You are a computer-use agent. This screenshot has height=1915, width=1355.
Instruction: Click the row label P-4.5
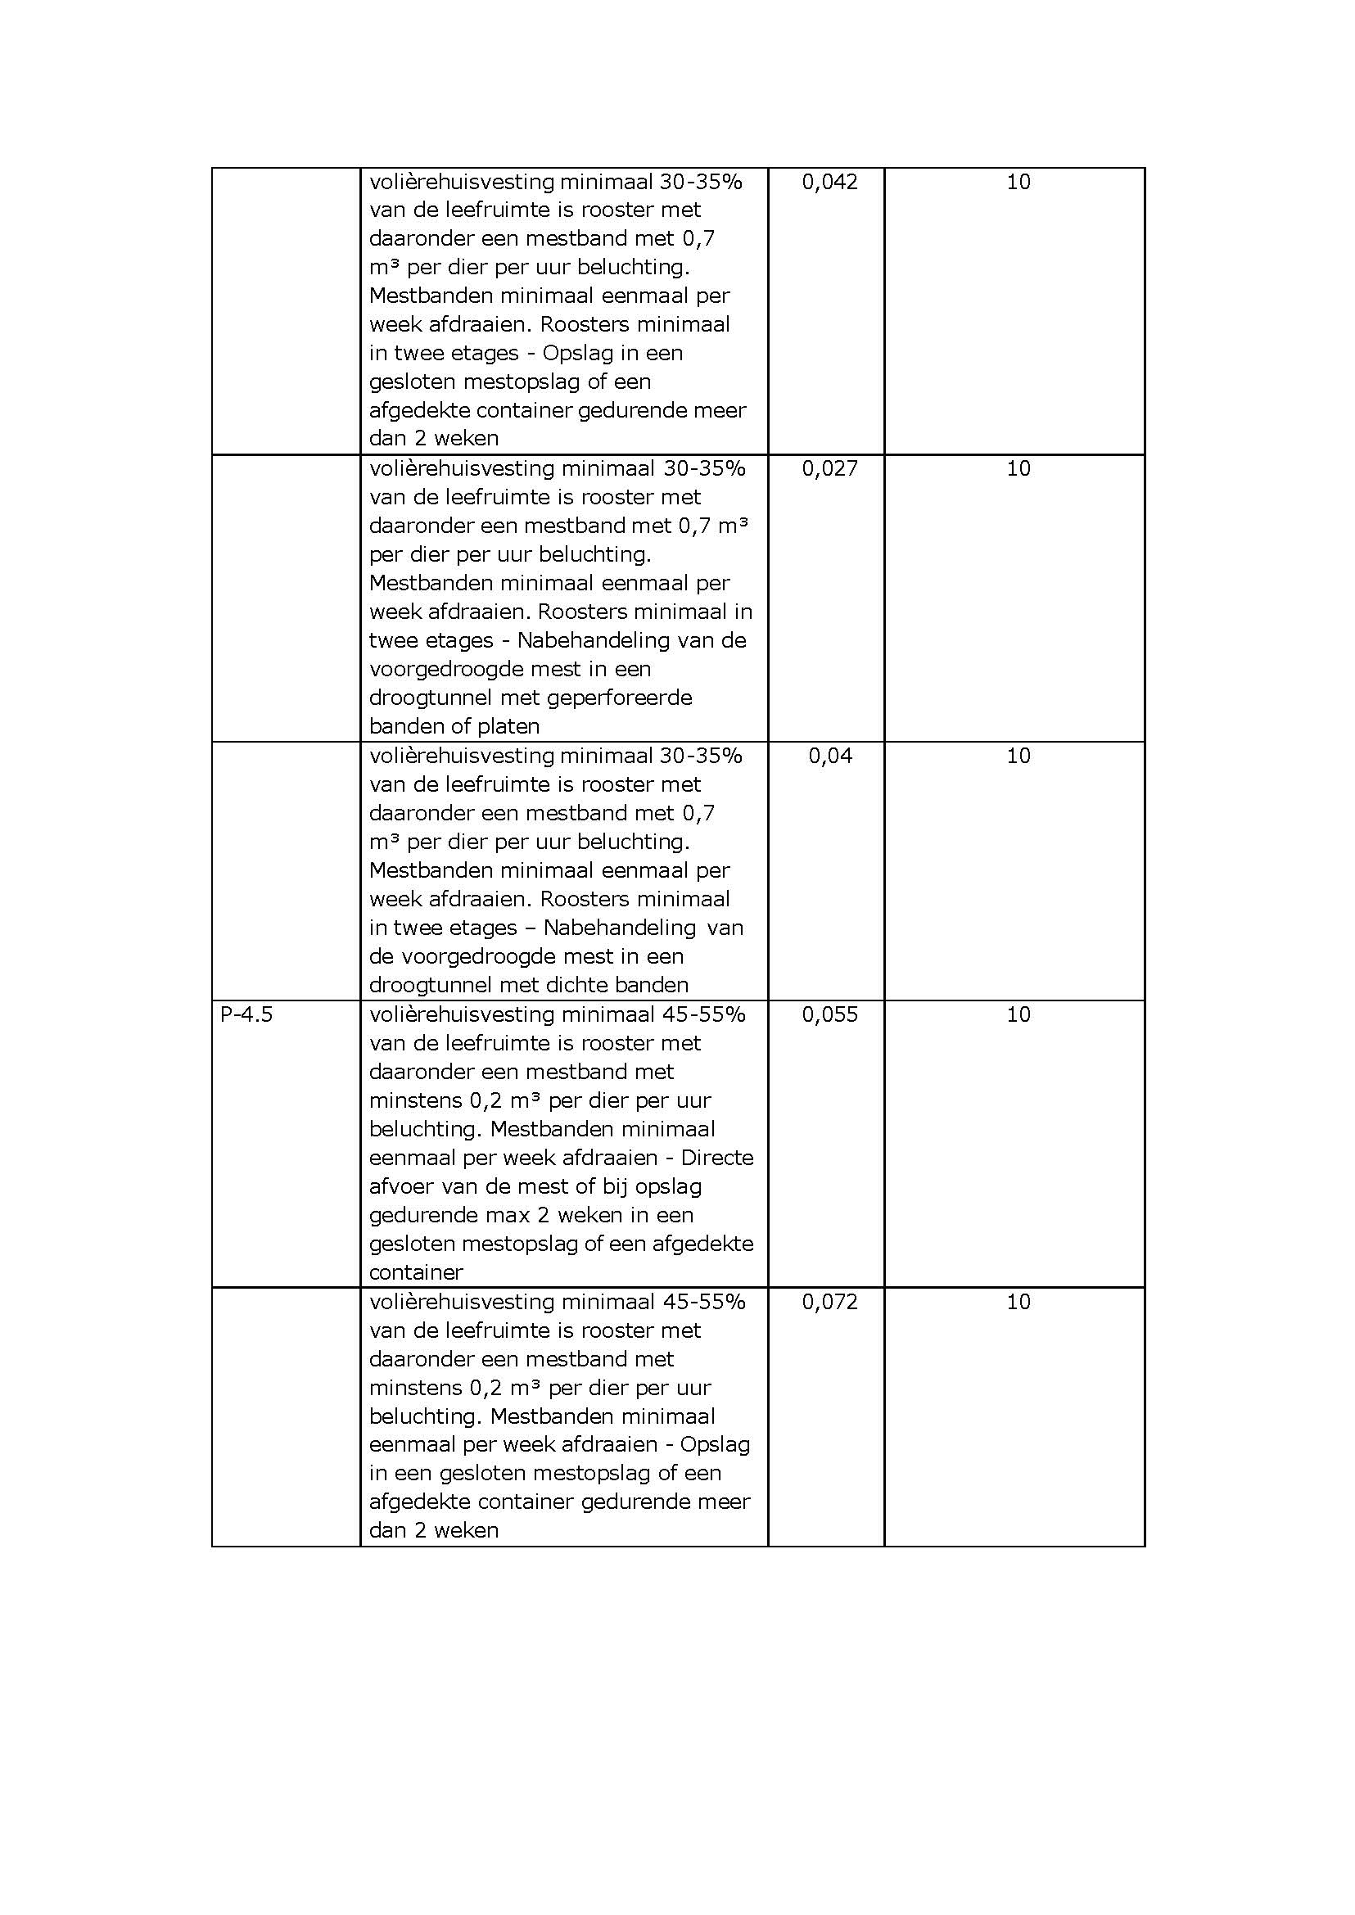pyautogui.click(x=246, y=1014)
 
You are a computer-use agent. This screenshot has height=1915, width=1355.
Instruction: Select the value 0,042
pyautogui.click(x=829, y=182)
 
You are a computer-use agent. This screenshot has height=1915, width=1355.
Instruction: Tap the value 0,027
pyautogui.click(x=829, y=469)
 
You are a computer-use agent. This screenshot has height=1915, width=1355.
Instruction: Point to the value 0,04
pyautogui.click(x=829, y=756)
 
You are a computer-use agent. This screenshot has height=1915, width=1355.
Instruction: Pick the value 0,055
pyautogui.click(x=829, y=1014)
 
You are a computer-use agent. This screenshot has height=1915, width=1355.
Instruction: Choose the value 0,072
pyautogui.click(x=829, y=1302)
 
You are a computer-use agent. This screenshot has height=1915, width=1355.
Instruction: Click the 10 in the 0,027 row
pyautogui.click(x=1018, y=469)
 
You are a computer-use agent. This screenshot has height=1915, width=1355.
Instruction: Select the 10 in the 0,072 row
pyautogui.click(x=1018, y=1302)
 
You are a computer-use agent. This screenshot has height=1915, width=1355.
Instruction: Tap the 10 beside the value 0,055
pyautogui.click(x=1018, y=1014)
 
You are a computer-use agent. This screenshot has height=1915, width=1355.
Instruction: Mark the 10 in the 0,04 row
pyautogui.click(x=1018, y=756)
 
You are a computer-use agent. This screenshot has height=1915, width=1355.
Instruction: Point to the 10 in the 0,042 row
pyautogui.click(x=1018, y=182)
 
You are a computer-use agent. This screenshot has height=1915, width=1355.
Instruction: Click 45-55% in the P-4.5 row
pyautogui.click(x=703, y=1014)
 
